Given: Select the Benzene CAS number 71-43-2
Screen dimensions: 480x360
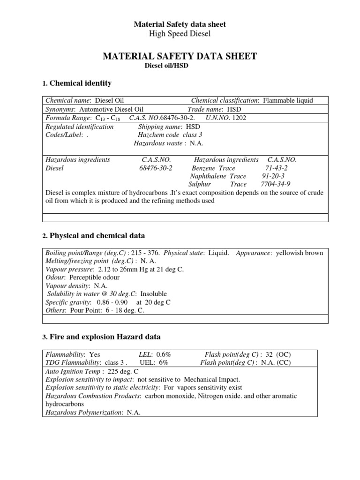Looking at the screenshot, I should pyautogui.click(x=276, y=168).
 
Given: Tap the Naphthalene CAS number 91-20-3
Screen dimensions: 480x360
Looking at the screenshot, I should pyautogui.click(x=273, y=176).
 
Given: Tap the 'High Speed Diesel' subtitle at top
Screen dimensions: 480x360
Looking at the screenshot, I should pyautogui.click(x=180, y=33).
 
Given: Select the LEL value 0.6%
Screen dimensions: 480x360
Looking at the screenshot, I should pyautogui.click(x=162, y=354).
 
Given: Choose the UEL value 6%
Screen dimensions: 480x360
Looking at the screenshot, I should pyautogui.click(x=162, y=362).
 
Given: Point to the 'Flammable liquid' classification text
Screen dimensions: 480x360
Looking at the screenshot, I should pyautogui.click(x=288, y=101).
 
